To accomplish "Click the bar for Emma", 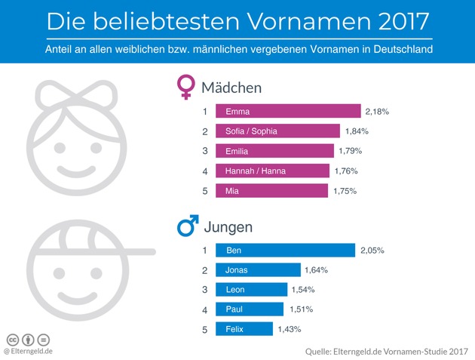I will pyautogui.click(x=287, y=112).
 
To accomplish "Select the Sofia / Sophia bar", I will pyautogui.click(x=277, y=131).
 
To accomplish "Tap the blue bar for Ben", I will pyautogui.click(x=285, y=250).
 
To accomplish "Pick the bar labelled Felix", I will pyautogui.click(x=244, y=329).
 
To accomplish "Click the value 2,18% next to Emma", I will pyautogui.click(x=377, y=112).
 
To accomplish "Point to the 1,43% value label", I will pyautogui.click(x=289, y=329).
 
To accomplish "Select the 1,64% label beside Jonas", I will pyautogui.click(x=316, y=269).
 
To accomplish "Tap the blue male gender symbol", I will pyautogui.click(x=187, y=226).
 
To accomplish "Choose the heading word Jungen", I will pyautogui.click(x=227, y=226).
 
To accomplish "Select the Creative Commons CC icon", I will pyautogui.click(x=13, y=339).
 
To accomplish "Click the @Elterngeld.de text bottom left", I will pyautogui.click(x=28, y=351).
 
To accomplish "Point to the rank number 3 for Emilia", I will pyautogui.click(x=204, y=151).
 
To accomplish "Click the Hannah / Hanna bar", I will pyautogui.click(x=272, y=171).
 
